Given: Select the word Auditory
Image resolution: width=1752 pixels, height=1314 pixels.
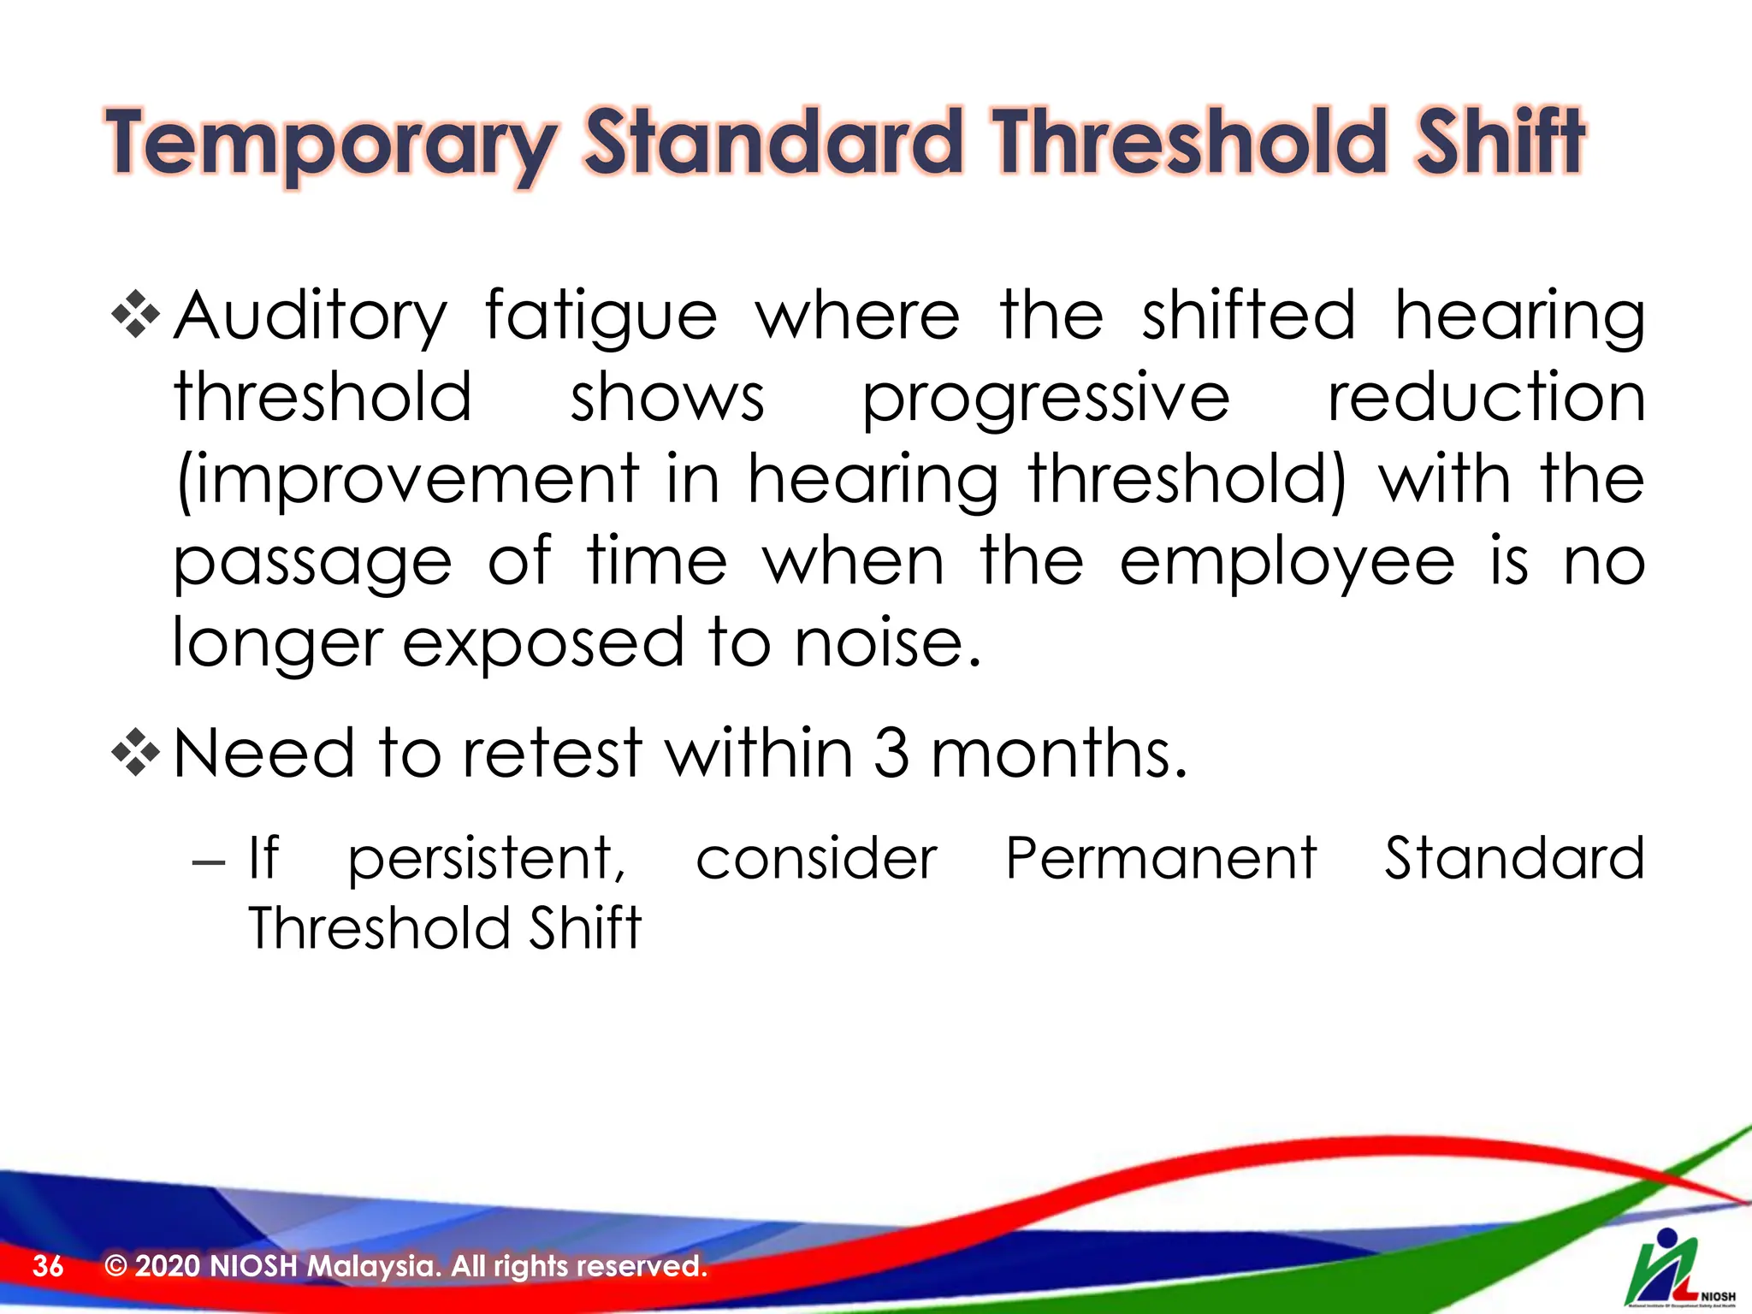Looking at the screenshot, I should (310, 317).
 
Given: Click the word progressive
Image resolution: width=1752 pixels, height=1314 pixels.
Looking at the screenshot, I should (1045, 400).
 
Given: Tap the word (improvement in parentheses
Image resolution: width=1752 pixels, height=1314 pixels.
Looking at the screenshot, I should (407, 481).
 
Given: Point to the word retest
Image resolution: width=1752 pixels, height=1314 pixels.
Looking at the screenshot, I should (552, 754).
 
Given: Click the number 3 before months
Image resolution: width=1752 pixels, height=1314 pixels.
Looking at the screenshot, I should (891, 754).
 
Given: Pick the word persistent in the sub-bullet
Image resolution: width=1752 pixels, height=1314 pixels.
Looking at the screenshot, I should (486, 859).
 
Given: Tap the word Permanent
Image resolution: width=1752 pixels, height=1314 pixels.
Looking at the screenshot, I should (1160, 858).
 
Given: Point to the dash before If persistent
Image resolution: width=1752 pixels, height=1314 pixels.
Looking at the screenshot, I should (209, 861).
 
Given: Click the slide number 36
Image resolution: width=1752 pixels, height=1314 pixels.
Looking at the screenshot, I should (48, 1266).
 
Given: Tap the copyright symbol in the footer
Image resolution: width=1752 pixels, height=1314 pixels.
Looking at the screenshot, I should (115, 1266).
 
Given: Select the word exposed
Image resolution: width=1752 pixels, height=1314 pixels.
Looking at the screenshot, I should (542, 643).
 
